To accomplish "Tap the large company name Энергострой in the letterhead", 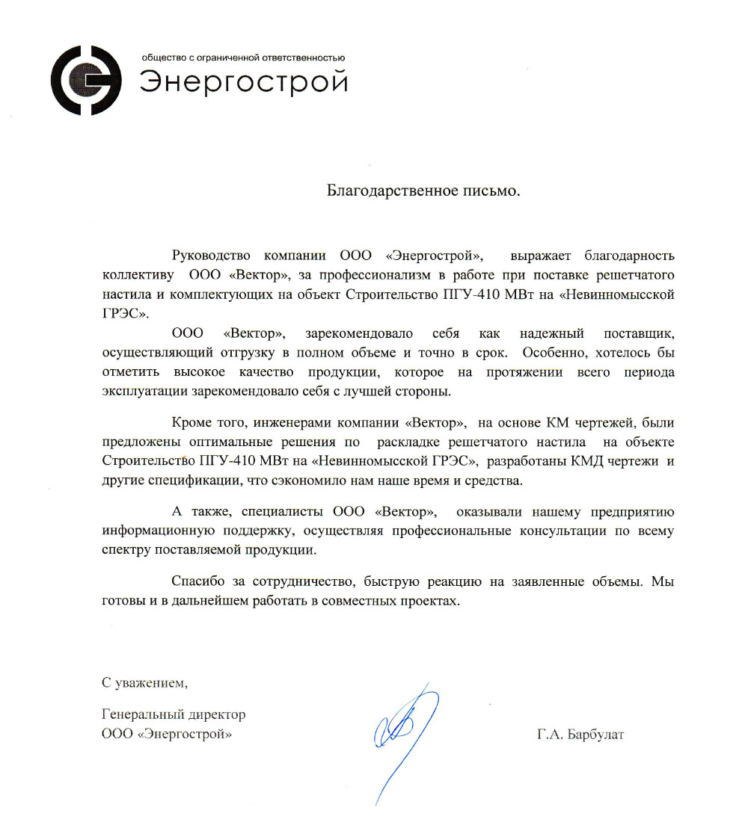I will coord(244,81).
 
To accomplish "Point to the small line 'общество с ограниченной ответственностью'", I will coord(242,57).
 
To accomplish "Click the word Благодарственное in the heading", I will coord(387,191).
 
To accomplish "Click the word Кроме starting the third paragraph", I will coord(190,424).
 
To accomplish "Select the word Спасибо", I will coord(196,581).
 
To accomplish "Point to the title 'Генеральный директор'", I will coord(174,714).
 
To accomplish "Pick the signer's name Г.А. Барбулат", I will coord(580,734).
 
